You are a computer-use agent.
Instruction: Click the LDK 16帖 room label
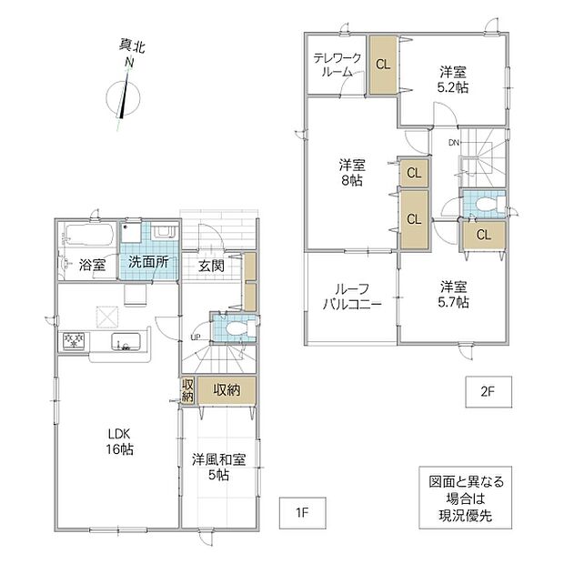coord(119,441)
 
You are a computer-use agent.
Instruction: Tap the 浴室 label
coord(92,266)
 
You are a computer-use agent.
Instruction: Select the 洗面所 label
coord(148,262)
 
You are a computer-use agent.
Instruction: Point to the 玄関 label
coord(211,267)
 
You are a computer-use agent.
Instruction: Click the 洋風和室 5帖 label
coord(218,468)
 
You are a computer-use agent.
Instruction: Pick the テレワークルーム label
coord(337,65)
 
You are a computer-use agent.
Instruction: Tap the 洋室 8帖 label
coord(352,173)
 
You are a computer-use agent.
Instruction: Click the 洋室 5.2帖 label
coord(453,79)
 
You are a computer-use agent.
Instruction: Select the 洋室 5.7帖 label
coord(453,295)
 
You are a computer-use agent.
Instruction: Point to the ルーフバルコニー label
coord(352,297)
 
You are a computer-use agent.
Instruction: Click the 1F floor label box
coord(303,513)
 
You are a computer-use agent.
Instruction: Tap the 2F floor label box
coord(488,392)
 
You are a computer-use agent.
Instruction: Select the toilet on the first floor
coord(238,328)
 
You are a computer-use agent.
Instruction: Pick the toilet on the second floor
coord(490,205)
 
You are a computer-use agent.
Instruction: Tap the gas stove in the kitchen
coord(74,341)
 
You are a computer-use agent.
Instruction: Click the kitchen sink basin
coord(126,341)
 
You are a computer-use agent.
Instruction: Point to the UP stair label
coord(196,337)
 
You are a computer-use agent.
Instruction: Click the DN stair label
coord(454,143)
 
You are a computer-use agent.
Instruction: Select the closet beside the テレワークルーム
coord(383,65)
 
